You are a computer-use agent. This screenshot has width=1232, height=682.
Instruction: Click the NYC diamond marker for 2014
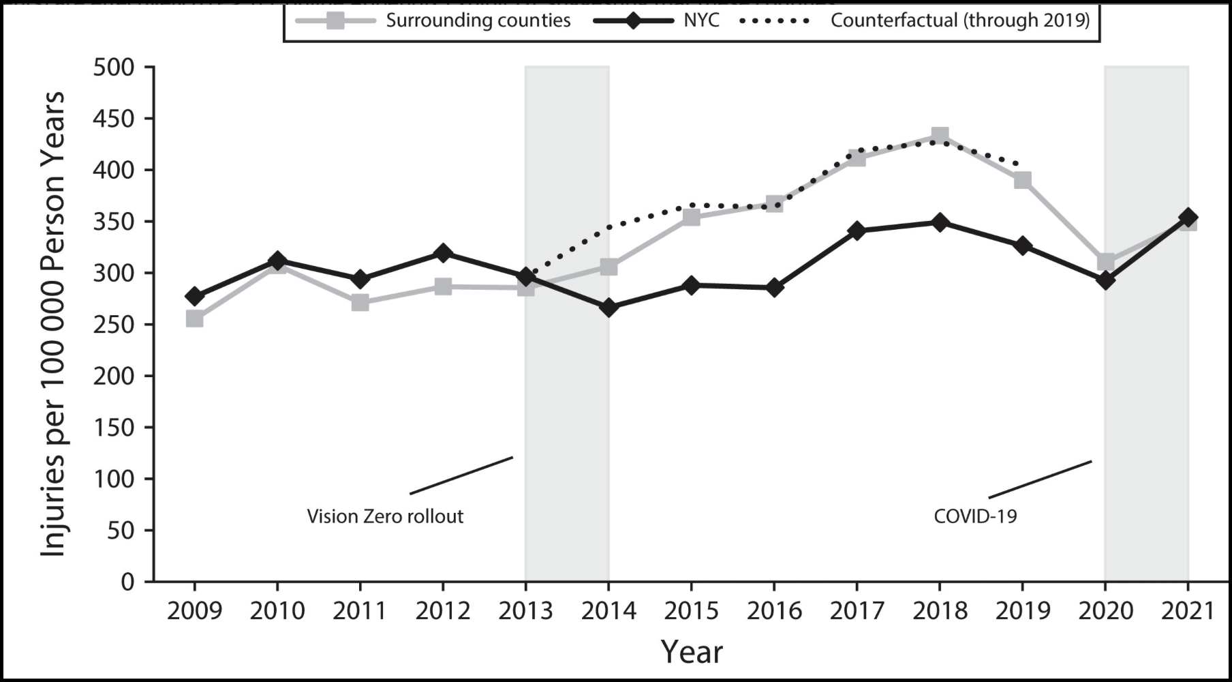[609, 308]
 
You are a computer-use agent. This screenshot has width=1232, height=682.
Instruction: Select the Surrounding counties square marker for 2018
[940, 135]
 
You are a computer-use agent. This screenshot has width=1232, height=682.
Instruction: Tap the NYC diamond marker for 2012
[443, 253]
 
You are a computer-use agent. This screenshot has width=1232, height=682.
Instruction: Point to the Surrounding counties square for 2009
[194, 318]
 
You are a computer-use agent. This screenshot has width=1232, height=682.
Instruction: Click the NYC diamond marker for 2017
[857, 231]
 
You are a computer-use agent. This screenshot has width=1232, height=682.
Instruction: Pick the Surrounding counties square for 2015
[691, 218]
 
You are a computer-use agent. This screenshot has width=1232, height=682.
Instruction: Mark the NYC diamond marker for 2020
[1105, 280]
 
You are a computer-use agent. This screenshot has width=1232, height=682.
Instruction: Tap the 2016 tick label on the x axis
[774, 610]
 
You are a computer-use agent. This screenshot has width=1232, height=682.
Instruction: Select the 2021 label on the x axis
[1188, 610]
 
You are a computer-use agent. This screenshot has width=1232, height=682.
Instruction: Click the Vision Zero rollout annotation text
[385, 516]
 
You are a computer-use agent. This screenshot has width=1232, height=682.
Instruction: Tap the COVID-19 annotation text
[975, 516]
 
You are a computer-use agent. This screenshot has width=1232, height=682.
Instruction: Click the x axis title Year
[691, 652]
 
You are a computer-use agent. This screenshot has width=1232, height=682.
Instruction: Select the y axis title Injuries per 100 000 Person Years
[53, 324]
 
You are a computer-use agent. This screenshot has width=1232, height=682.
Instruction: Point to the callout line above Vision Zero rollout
[461, 475]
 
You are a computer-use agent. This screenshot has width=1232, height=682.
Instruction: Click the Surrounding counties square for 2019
[1022, 180]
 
